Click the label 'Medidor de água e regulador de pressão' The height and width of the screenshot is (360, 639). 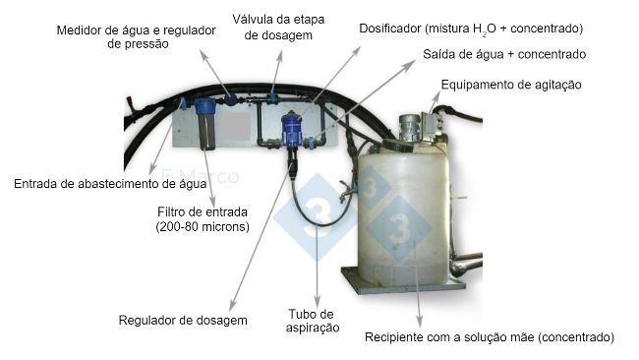(x=136, y=36)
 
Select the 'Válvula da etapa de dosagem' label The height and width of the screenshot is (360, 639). (x=278, y=27)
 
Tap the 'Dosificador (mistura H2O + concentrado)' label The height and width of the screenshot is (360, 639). (x=471, y=29)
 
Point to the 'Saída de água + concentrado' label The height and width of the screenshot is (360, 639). (x=504, y=54)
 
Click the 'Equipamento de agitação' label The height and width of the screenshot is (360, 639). (x=511, y=85)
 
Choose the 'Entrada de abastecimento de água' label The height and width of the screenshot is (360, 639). (x=110, y=184)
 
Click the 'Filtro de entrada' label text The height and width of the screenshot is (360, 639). (x=203, y=212)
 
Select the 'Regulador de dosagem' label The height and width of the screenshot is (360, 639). (x=183, y=320)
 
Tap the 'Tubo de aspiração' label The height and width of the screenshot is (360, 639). (x=313, y=321)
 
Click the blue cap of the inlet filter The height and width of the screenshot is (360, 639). (x=204, y=106)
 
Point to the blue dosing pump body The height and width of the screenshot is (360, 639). (x=291, y=130)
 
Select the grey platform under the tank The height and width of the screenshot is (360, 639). (x=403, y=281)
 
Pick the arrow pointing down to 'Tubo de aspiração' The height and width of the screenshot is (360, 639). (x=318, y=267)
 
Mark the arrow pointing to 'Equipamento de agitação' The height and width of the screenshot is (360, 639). (x=435, y=101)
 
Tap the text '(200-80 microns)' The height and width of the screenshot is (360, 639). (x=203, y=226)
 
